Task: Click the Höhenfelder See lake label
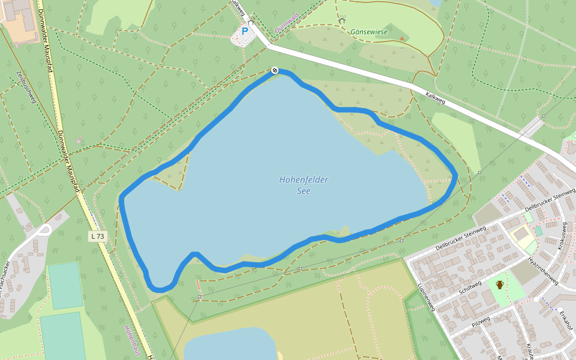click(x=304, y=185)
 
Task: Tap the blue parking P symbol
click(x=245, y=31)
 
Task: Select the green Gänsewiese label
click(x=369, y=32)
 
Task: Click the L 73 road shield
click(x=98, y=236)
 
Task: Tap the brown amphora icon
click(x=499, y=284)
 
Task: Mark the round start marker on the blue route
click(x=275, y=70)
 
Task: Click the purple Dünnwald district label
click(x=286, y=23)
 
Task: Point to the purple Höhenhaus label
click(x=133, y=341)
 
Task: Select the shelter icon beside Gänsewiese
click(x=342, y=21)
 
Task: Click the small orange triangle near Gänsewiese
click(x=401, y=38)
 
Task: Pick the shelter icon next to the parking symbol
click(x=251, y=22)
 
